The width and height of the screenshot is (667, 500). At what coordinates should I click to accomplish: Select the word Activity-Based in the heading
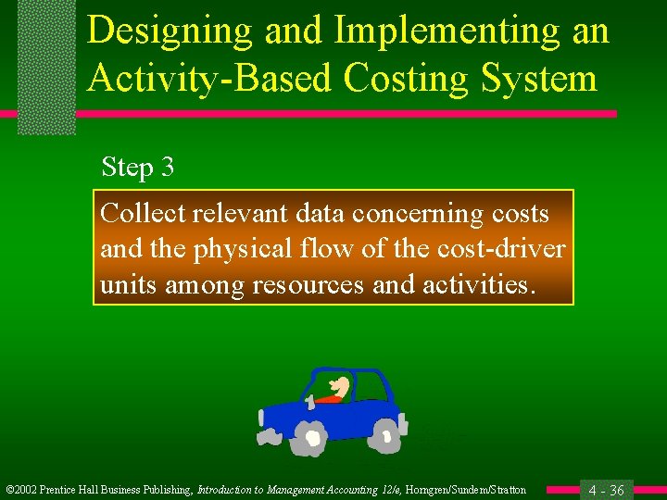click(x=208, y=78)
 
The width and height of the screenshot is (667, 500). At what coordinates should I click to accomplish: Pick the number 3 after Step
click(x=167, y=168)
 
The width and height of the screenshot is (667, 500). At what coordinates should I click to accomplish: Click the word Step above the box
click(x=127, y=168)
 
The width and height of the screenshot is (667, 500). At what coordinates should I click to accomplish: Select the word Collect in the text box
click(x=144, y=214)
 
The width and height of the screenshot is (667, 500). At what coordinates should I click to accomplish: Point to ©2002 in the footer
click(x=25, y=490)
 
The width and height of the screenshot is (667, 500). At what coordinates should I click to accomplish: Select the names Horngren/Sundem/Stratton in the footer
click(x=466, y=490)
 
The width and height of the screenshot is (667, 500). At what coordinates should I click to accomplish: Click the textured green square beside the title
click(x=46, y=68)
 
